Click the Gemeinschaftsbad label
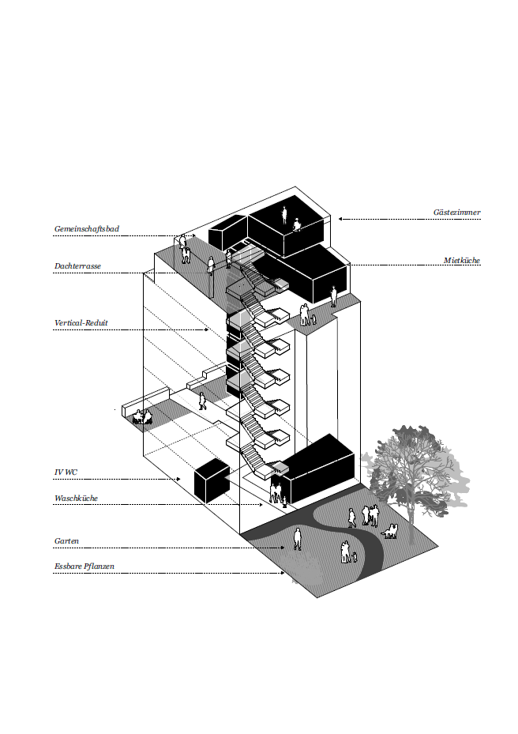tap(87, 229)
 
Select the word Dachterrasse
tap(77, 267)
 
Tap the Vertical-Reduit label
tap(81, 323)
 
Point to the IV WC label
tap(66, 472)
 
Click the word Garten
tap(66, 541)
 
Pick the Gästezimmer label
tap(456, 213)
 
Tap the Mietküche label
tap(461, 260)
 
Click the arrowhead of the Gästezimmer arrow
tap(340, 219)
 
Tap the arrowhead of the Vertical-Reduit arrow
tap(208, 329)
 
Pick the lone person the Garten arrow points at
tap(298, 539)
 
